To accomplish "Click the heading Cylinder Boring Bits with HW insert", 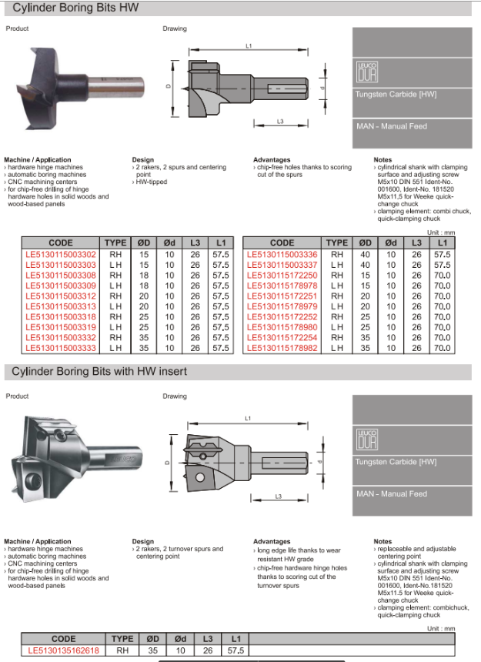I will tap(99, 372).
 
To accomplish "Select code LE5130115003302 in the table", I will tap(61, 255).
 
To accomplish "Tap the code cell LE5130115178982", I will tap(282, 348).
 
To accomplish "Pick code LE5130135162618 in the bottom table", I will tap(63, 650).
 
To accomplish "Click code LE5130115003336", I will tap(282, 255).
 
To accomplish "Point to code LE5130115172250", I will tap(282, 276).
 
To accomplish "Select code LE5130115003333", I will tap(61, 348).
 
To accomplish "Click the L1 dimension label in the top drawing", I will tap(249, 46).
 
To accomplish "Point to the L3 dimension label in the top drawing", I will tap(280, 122).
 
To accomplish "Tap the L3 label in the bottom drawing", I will tap(279, 496).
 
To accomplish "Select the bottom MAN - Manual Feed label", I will tap(391, 493).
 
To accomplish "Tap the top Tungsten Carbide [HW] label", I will tap(396, 94).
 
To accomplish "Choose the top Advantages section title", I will tap(271, 160).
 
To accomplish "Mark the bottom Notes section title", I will tap(382, 542).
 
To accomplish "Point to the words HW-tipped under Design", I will tap(152, 182).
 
